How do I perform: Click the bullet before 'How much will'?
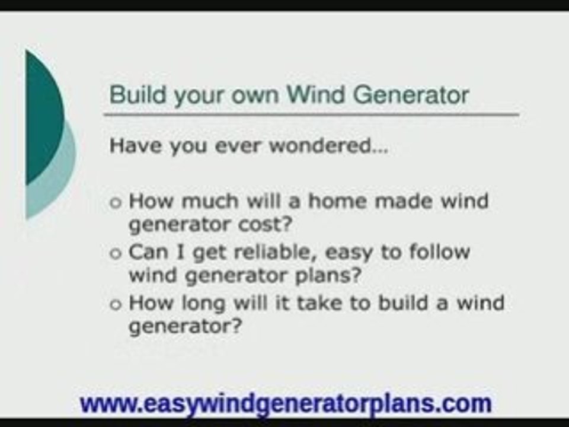click(116, 202)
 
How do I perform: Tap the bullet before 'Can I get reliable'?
click(116, 253)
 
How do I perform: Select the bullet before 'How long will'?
click(116, 304)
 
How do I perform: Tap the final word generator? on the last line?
click(185, 328)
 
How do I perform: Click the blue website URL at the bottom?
click(286, 403)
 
